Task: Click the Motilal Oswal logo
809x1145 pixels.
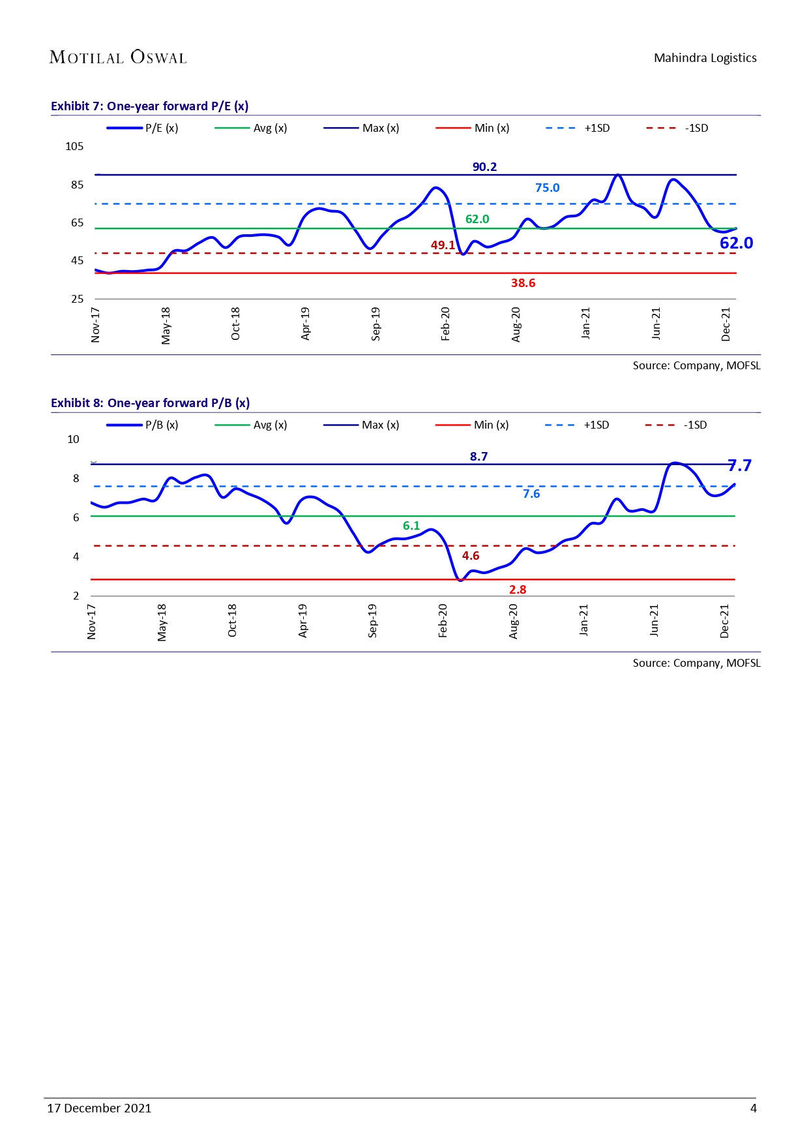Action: tap(118, 57)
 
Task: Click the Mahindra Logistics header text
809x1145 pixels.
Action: tap(705, 58)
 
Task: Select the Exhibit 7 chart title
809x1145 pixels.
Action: tap(150, 106)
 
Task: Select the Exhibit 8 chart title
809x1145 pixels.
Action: tap(150, 403)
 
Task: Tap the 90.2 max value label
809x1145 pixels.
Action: tap(484, 167)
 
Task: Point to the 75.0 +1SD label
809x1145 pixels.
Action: tap(547, 188)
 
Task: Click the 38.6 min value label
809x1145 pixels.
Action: tap(523, 283)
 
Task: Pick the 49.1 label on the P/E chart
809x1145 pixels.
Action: tap(443, 245)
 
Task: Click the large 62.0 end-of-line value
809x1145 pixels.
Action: tap(736, 243)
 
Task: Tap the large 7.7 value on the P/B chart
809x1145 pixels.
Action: tap(739, 465)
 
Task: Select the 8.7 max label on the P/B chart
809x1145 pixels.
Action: tap(478, 457)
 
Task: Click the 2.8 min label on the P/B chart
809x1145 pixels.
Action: tap(518, 590)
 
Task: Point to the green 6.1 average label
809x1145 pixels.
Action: tap(411, 526)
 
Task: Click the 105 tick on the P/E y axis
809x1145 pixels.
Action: tap(74, 146)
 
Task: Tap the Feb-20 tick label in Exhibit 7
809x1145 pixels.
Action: tap(446, 324)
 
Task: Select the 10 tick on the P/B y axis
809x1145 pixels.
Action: tap(73, 439)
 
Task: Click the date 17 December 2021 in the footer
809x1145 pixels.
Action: tap(99, 1108)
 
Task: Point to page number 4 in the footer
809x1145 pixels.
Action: tap(753, 1108)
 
